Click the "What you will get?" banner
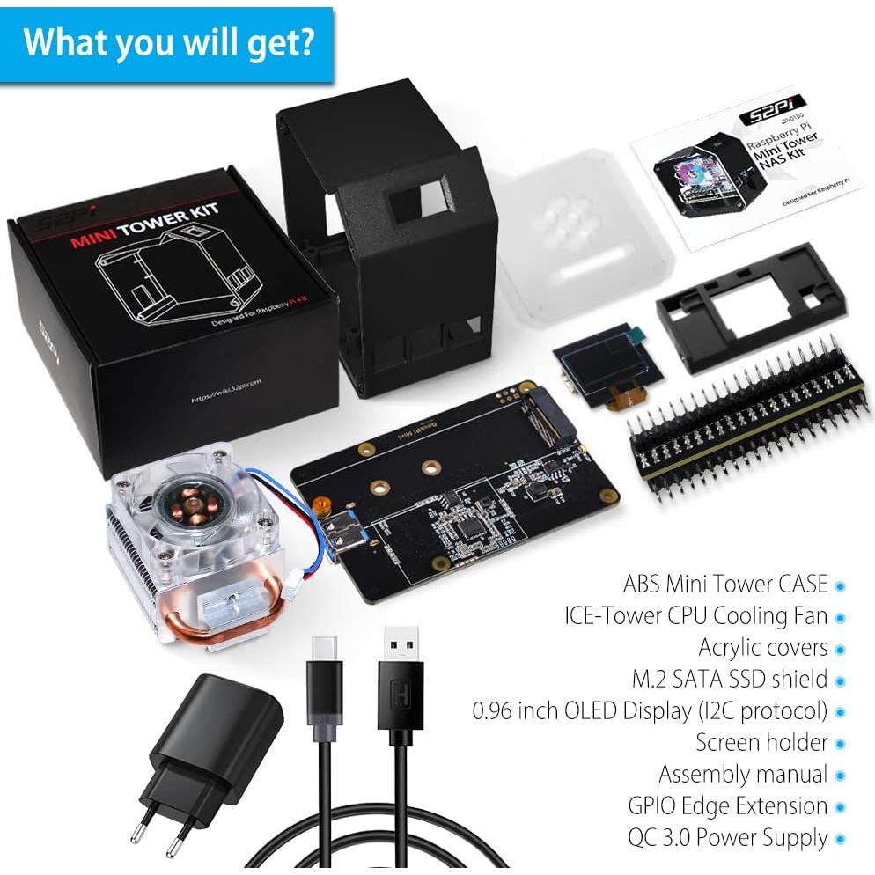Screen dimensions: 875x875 pyautogui.click(x=167, y=42)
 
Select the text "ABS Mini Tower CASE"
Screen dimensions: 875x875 pyautogui.click(x=725, y=584)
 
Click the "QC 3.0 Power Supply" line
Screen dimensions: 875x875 pyautogui.click(x=727, y=837)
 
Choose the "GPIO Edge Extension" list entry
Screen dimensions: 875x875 pyautogui.click(x=727, y=805)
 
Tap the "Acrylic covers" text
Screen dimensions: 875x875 pyautogui.click(x=762, y=647)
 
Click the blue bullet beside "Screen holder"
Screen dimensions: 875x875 pyautogui.click(x=840, y=743)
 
